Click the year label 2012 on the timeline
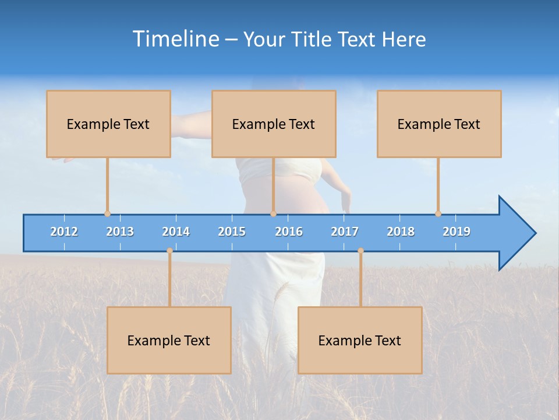click(x=64, y=232)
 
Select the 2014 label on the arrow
click(x=176, y=232)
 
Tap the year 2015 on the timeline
click(x=232, y=232)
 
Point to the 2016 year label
click(x=289, y=232)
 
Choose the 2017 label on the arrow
click(x=345, y=232)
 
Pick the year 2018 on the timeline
click(x=401, y=232)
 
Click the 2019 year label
click(x=457, y=232)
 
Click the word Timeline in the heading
click(x=175, y=38)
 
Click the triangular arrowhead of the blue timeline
click(x=516, y=233)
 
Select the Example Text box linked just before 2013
click(x=108, y=124)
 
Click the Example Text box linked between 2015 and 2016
click(x=274, y=124)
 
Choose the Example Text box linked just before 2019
click(x=439, y=124)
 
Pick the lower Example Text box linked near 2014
click(x=169, y=340)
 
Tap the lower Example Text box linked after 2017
click(x=360, y=340)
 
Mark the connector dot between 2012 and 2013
click(x=107, y=213)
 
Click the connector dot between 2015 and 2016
click(x=273, y=213)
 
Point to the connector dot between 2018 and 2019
click(x=438, y=213)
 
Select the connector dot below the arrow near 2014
click(x=169, y=250)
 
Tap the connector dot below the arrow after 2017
click(x=360, y=250)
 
